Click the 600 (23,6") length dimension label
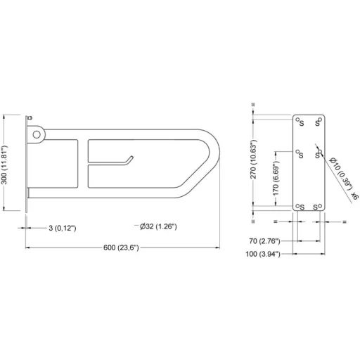(121, 247)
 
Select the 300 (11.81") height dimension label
(4, 165)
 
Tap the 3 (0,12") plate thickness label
(63, 228)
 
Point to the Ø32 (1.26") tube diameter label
(158, 226)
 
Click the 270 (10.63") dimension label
(253, 160)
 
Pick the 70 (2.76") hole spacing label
(264, 241)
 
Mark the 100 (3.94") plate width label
(263, 254)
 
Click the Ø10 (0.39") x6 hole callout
(344, 179)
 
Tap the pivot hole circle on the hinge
(37, 134)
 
